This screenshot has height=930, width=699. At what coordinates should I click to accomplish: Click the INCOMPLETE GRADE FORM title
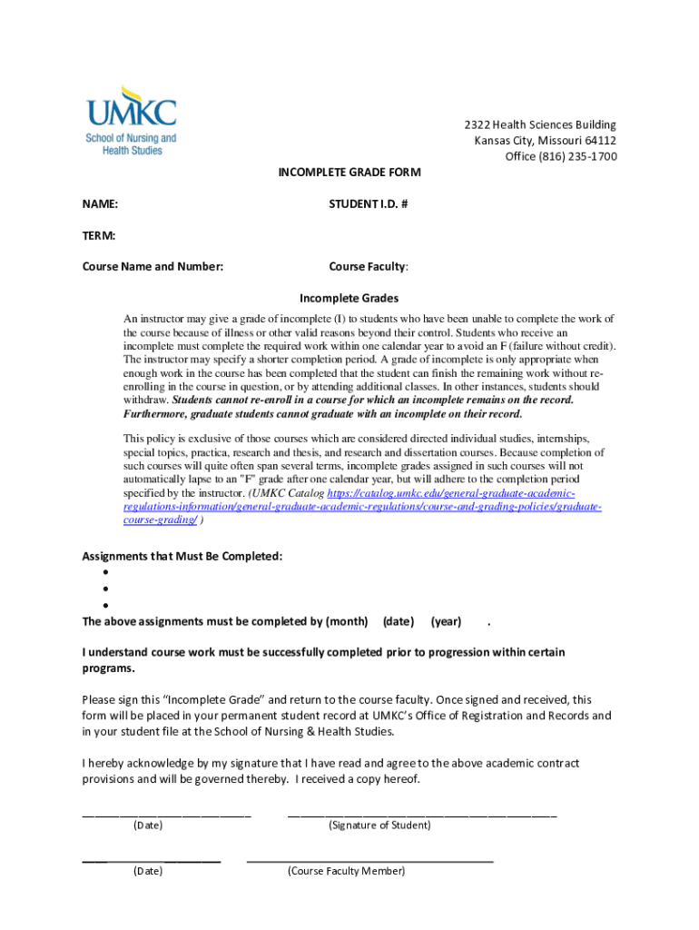click(349, 173)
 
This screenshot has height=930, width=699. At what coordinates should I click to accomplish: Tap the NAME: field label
click(101, 204)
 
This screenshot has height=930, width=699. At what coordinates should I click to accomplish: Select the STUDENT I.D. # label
click(368, 204)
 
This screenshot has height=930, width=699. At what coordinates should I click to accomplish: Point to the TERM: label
click(99, 236)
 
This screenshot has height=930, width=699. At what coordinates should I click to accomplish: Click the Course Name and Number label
click(153, 267)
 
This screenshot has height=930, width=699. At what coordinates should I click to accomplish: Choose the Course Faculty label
click(368, 267)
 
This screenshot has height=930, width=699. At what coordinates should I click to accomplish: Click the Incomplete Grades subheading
click(349, 298)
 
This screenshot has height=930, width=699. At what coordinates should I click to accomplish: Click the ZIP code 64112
click(600, 141)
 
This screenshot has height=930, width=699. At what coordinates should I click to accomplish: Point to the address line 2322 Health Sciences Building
click(540, 124)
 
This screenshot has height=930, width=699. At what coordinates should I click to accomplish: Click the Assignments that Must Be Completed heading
click(182, 556)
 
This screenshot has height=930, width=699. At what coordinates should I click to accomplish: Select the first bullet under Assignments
click(106, 573)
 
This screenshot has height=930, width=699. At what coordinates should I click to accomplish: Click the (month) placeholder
click(347, 621)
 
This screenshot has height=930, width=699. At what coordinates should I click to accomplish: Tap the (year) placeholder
click(446, 621)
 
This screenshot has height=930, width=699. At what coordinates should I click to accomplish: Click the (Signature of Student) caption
click(379, 826)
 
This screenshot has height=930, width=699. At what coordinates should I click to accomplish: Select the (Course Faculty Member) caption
click(346, 871)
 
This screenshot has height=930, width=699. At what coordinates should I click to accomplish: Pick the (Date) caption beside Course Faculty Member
click(148, 871)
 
